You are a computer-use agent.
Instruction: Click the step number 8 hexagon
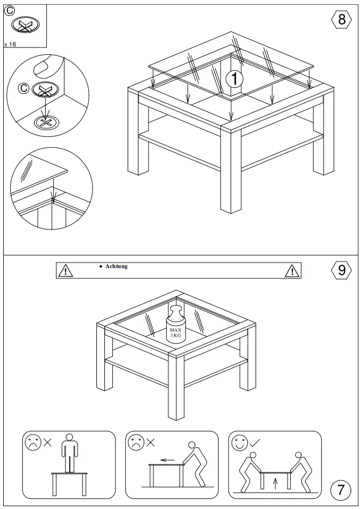[x=341, y=20]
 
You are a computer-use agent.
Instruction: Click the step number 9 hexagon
[x=341, y=270]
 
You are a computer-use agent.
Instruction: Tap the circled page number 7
[x=341, y=488]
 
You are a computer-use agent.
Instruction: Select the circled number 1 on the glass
[x=234, y=79]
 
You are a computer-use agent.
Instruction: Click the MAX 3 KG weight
[x=176, y=325]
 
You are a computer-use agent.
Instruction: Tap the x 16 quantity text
[x=11, y=45]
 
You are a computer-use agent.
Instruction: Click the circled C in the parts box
[x=10, y=11]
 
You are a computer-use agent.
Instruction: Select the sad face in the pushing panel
[x=134, y=442]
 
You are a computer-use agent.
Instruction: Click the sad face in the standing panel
[x=31, y=442]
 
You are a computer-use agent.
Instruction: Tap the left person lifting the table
[x=250, y=469]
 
